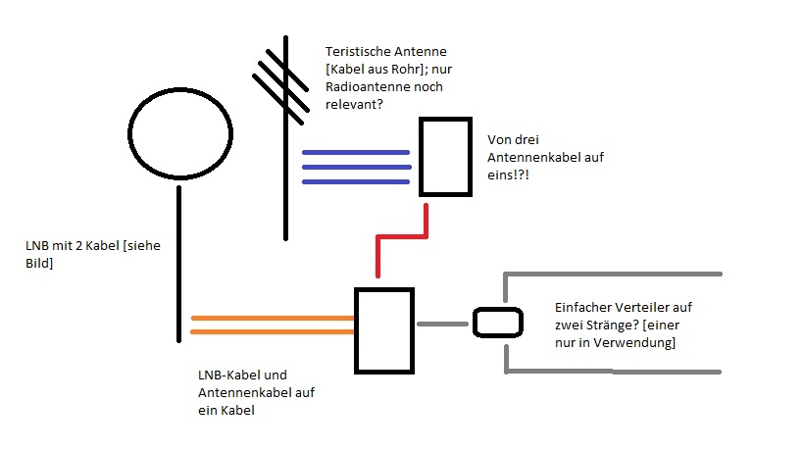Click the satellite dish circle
[178, 135]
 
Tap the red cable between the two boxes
[403, 236]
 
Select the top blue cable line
[355, 152]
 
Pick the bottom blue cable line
[355, 181]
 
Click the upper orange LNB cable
[272, 318]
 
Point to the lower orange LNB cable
[272, 331]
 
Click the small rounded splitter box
[495, 323]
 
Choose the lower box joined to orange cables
[383, 330]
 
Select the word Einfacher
[580, 307]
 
